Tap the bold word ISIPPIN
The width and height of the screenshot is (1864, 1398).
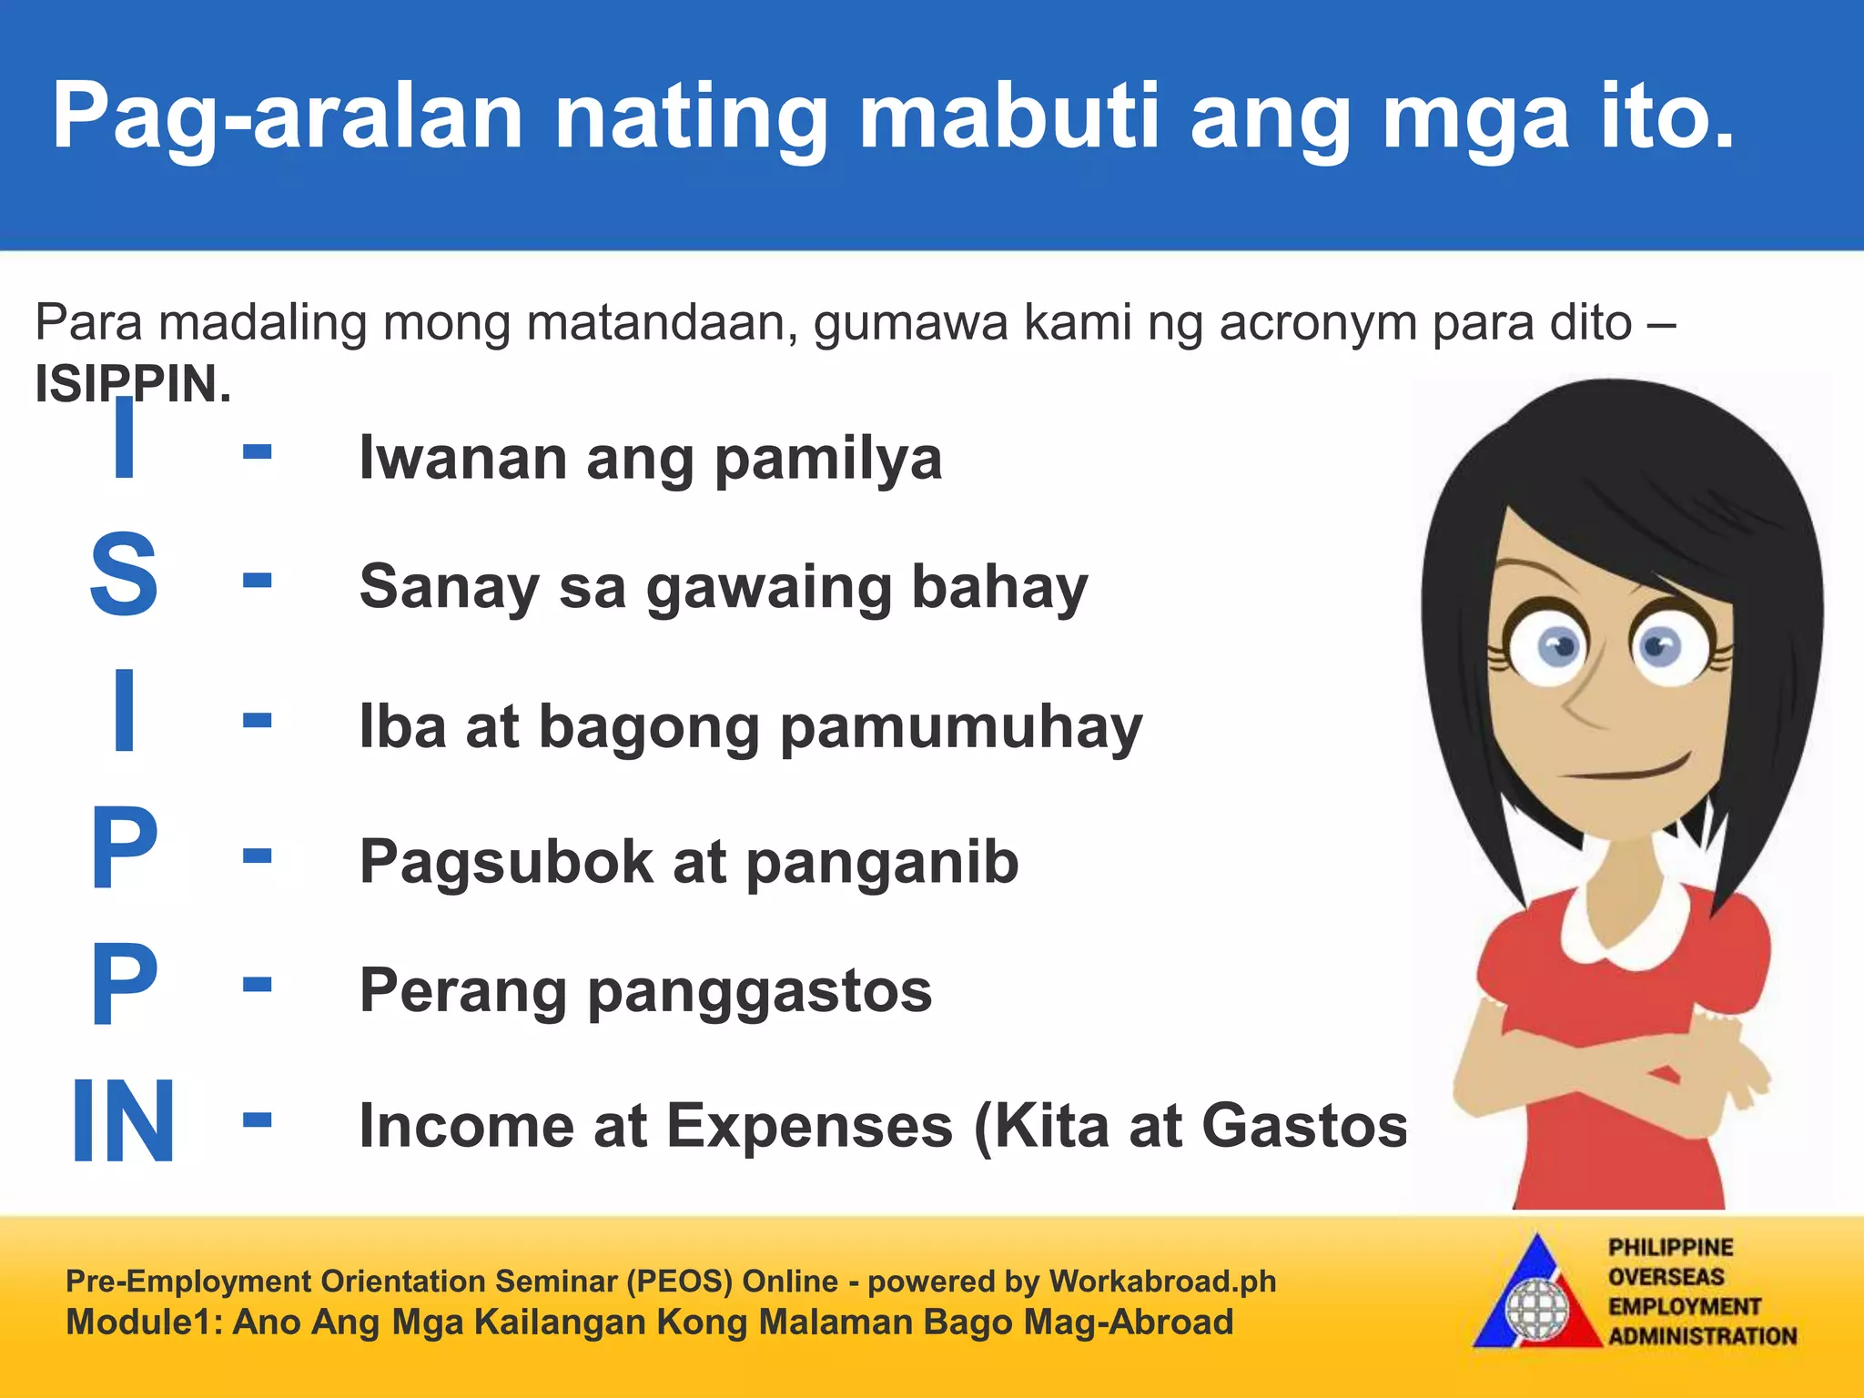click(x=133, y=384)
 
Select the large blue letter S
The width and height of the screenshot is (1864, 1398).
click(x=124, y=575)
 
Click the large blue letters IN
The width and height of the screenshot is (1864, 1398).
click(x=123, y=1120)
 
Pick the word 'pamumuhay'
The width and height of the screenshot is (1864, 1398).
click(x=961, y=728)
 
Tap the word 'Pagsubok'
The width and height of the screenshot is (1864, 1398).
click(x=506, y=863)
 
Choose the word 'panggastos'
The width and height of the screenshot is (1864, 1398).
click(x=760, y=992)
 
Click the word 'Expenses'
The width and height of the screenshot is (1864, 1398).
click(x=809, y=1127)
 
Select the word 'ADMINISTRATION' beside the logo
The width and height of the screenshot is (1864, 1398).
click(x=1702, y=1336)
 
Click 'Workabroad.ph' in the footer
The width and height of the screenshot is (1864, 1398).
click(x=1162, y=1281)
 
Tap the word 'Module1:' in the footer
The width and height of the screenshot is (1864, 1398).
click(x=144, y=1322)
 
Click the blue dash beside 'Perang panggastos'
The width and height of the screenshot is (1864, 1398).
click(x=258, y=983)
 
